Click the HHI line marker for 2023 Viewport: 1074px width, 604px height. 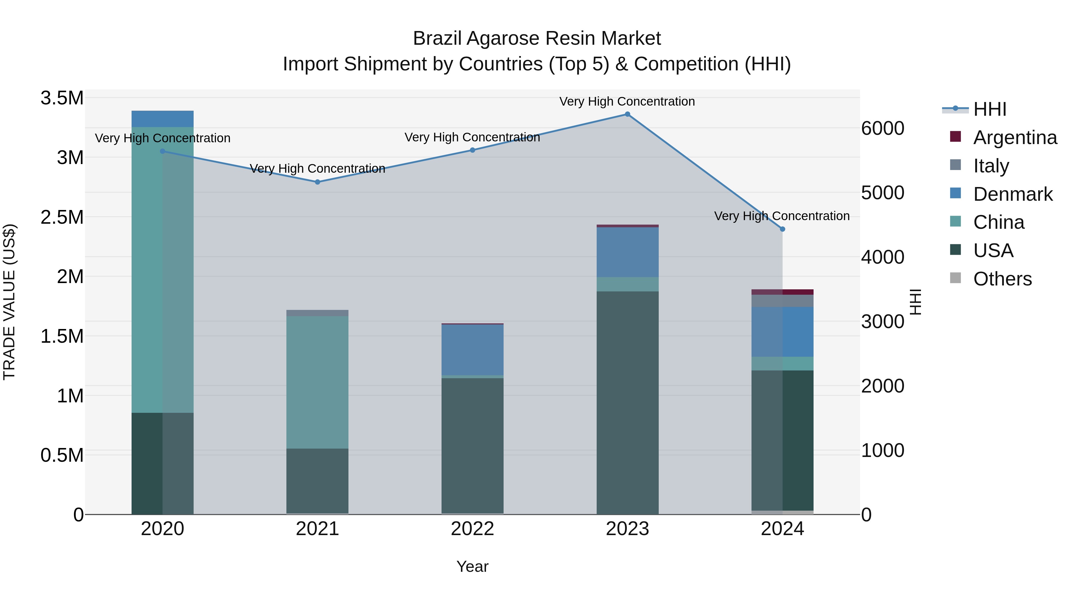click(x=627, y=114)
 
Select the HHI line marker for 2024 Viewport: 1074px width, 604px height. click(x=782, y=229)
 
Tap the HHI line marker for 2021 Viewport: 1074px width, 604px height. click(x=317, y=182)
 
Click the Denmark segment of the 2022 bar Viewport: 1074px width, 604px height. click(x=472, y=350)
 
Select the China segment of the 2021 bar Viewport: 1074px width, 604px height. click(x=317, y=382)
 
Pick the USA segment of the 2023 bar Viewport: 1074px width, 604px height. click(x=627, y=402)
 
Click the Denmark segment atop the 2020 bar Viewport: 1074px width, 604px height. click(x=163, y=119)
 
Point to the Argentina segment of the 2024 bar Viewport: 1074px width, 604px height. click(x=782, y=292)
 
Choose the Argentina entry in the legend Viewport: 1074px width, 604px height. click(x=1015, y=138)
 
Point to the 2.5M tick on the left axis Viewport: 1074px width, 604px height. click(x=62, y=217)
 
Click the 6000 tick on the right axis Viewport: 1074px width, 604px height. click(x=883, y=128)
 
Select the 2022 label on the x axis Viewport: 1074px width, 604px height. click(x=472, y=529)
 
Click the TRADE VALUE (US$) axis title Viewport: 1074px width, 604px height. click(x=9, y=302)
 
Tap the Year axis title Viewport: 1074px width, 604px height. click(x=472, y=566)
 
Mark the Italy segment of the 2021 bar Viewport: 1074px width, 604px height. click(x=317, y=313)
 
